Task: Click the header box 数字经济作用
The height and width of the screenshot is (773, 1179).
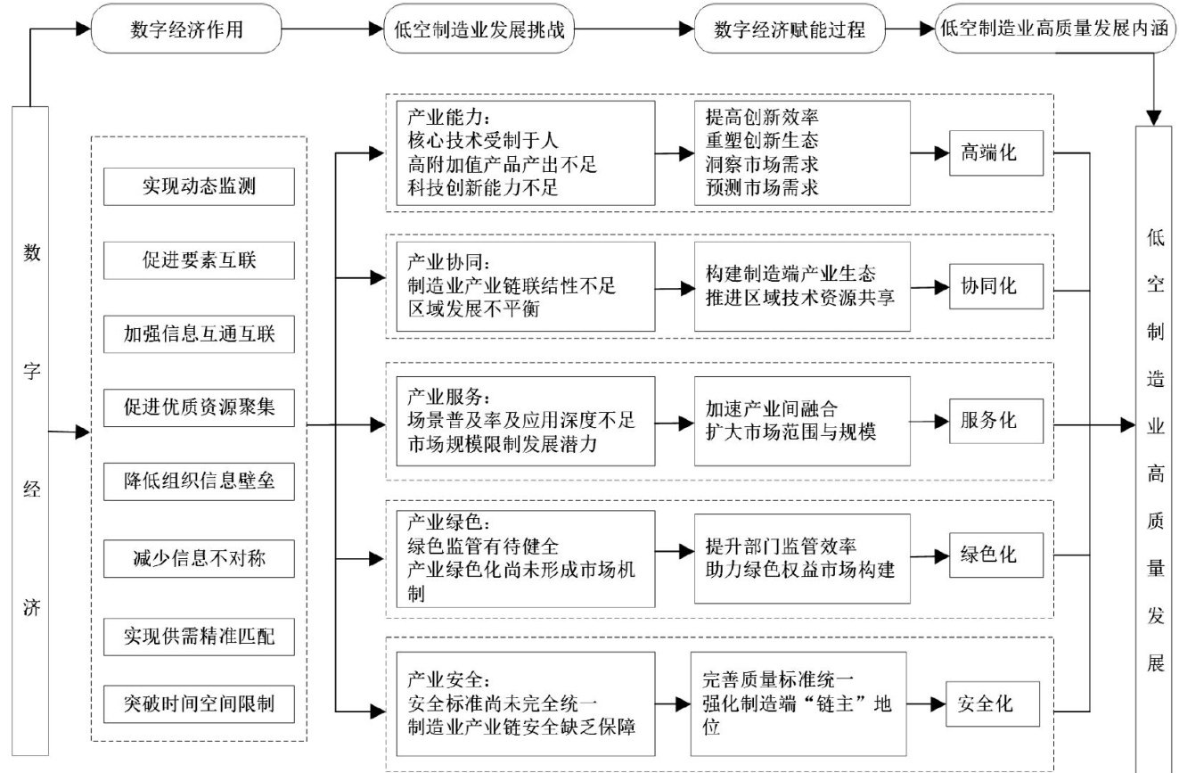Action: coord(186,29)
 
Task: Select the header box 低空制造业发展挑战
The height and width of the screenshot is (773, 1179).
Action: coord(479,29)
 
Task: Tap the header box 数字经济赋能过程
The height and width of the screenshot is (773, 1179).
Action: coord(790,29)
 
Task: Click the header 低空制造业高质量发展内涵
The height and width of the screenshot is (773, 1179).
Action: coord(1055,28)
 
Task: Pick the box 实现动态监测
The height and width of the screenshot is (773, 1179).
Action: coord(199,186)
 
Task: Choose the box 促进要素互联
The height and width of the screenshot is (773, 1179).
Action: coord(199,260)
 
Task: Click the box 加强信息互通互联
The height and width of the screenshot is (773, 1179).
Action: coord(199,333)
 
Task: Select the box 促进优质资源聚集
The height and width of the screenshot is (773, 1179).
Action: coord(199,407)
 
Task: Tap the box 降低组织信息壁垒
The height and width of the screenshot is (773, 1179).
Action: coord(199,481)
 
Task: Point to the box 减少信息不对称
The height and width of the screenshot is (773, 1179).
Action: coord(199,558)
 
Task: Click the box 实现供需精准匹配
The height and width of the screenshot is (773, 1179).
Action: coord(199,637)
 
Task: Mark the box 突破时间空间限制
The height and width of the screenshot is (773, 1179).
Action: coord(199,704)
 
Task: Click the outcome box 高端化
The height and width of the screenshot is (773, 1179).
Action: coord(995,152)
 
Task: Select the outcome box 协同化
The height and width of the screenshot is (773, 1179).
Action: coord(995,286)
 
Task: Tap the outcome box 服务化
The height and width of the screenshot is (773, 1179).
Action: coord(995,421)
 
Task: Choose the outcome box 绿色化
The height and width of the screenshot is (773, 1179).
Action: coord(995,555)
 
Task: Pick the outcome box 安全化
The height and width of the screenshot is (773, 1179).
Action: coord(993,704)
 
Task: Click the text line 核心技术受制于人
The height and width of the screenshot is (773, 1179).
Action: coord(483,141)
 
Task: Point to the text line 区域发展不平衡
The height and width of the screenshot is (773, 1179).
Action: coord(474,309)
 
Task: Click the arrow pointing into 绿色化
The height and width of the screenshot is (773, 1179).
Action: coord(929,556)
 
